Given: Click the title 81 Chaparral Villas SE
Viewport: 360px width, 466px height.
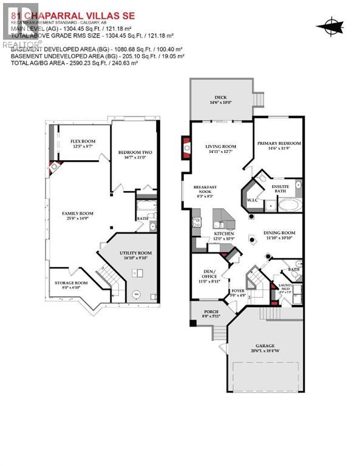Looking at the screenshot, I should click(67, 15).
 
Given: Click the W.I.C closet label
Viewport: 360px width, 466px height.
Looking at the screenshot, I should click(252, 200).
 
